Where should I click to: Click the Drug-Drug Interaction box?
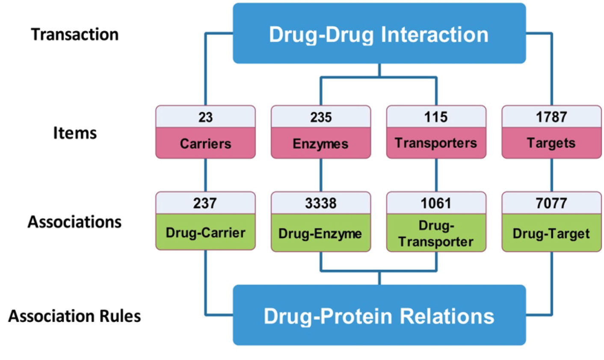pyautogui.click(x=379, y=34)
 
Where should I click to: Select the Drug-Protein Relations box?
pyautogui.click(x=379, y=316)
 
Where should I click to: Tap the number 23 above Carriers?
pyautogui.click(x=205, y=117)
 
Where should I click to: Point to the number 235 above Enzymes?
pyautogui.click(x=321, y=117)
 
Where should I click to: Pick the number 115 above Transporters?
pyautogui.click(x=436, y=117)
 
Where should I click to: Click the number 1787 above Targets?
pyautogui.click(x=551, y=117)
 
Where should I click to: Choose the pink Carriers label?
pyautogui.click(x=205, y=143)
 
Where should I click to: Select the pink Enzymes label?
pyautogui.click(x=321, y=144)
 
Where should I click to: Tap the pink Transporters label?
pyautogui.click(x=436, y=143)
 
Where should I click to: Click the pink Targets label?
pyautogui.click(x=551, y=143)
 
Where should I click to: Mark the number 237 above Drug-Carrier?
pyautogui.click(x=205, y=203)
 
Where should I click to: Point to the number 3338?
pyautogui.click(x=321, y=203)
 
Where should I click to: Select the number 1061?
pyautogui.click(x=436, y=203)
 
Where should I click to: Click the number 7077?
pyautogui.click(x=551, y=203)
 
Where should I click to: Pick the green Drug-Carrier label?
pyautogui.click(x=205, y=233)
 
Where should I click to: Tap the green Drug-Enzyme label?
pyautogui.click(x=321, y=233)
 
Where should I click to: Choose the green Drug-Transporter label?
pyautogui.click(x=436, y=233)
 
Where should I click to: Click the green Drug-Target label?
pyautogui.click(x=551, y=233)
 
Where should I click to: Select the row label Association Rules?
pyautogui.click(x=75, y=316)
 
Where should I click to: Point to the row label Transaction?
pyautogui.click(x=75, y=34)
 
